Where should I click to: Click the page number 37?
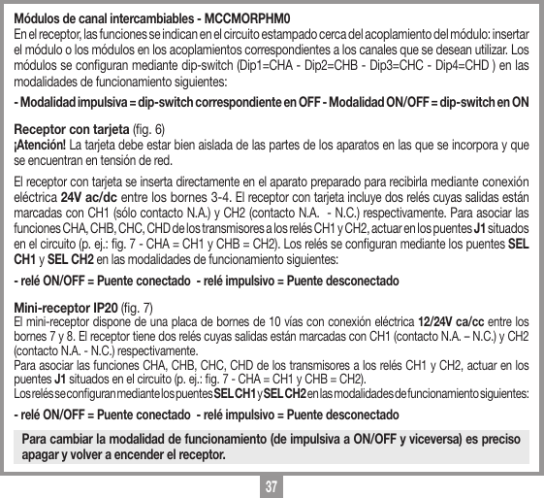(272, 483)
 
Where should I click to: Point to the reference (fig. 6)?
(148, 128)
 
